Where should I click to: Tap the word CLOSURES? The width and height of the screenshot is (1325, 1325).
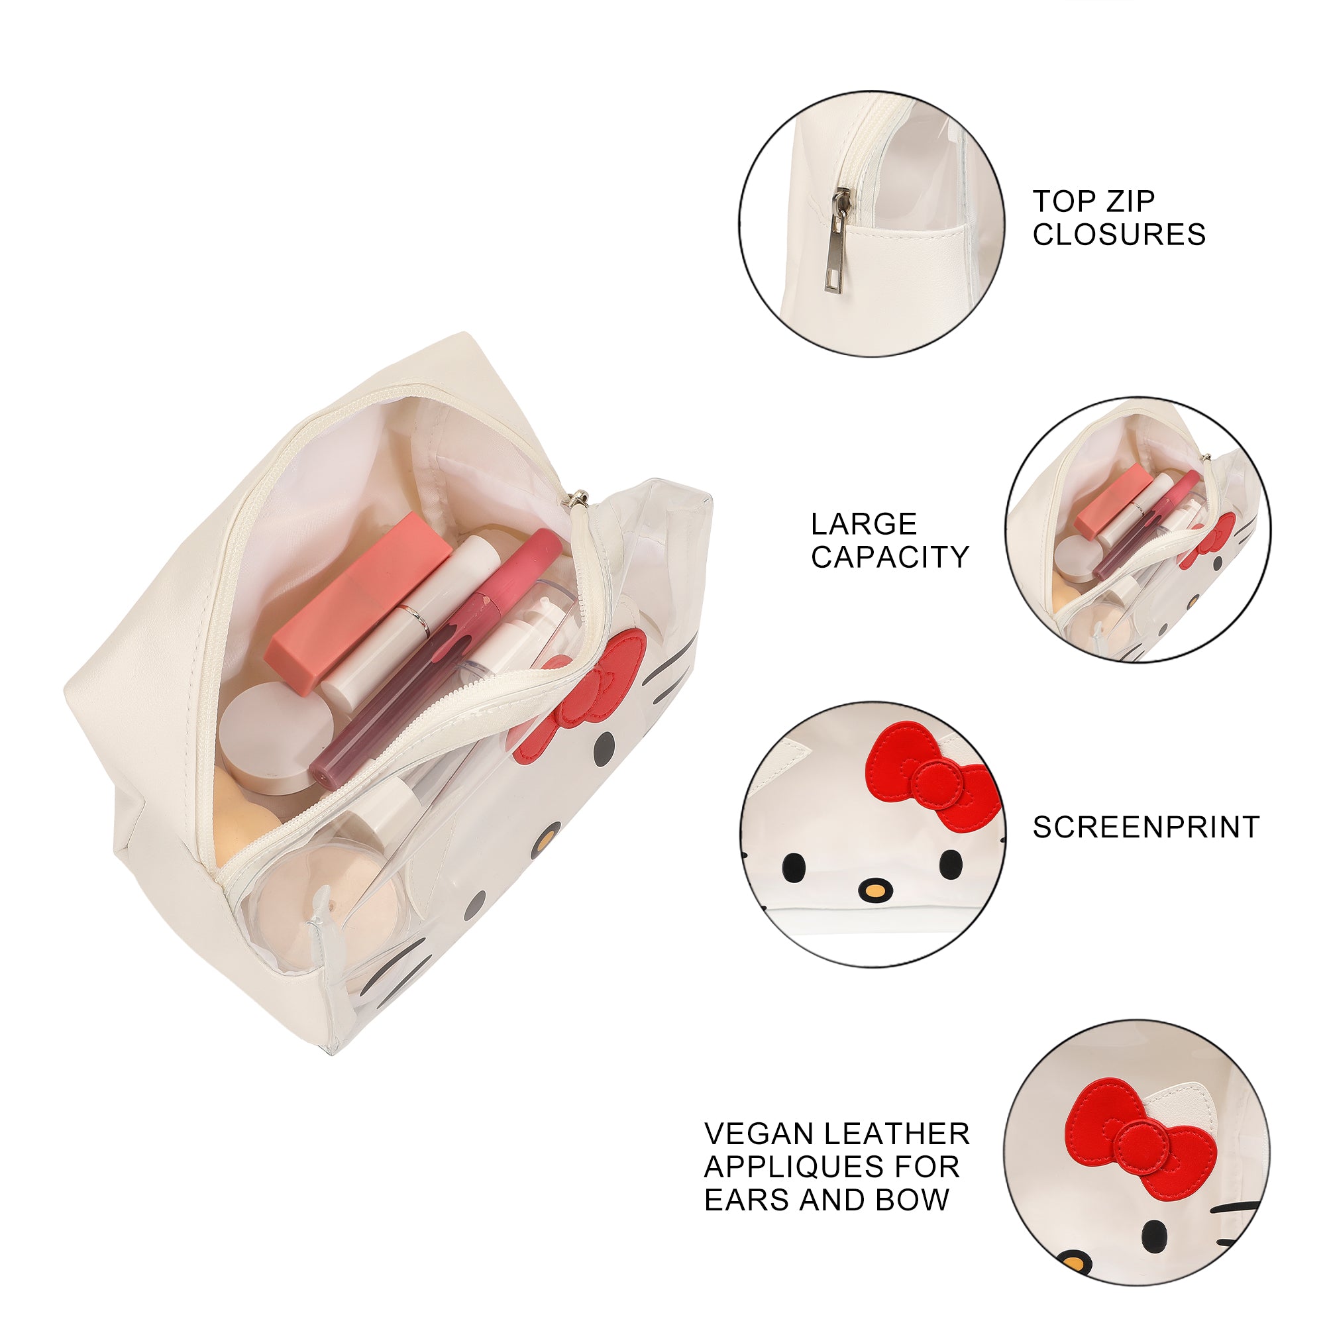[1119, 235]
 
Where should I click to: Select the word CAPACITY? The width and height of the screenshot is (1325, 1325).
[890, 557]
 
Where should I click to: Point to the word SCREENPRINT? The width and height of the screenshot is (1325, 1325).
[1146, 827]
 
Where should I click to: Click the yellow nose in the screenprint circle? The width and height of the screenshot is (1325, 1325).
[874, 891]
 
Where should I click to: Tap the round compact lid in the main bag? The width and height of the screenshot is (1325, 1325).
[278, 739]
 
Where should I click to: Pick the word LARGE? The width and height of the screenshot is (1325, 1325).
[864, 525]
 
